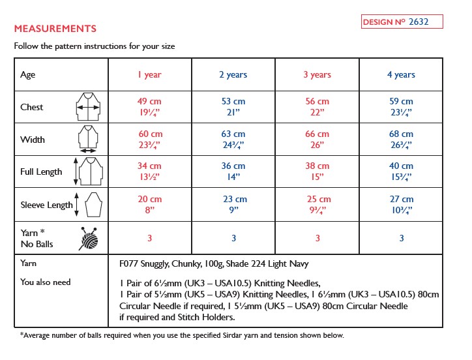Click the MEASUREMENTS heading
pyautogui.click(x=55, y=29)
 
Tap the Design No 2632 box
pyautogui.click(x=402, y=22)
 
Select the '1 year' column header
pyautogui.click(x=149, y=74)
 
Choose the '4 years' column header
pyautogui.click(x=401, y=74)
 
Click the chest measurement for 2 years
pyautogui.click(x=233, y=106)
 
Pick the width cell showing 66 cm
pyautogui.click(x=317, y=139)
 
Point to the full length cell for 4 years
pyautogui.click(x=401, y=172)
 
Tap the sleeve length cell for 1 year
pyautogui.click(x=149, y=204)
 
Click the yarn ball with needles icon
pyautogui.click(x=89, y=237)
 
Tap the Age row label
pyautogui.click(x=28, y=74)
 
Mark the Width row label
pyautogui.click(x=32, y=139)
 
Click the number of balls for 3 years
pyautogui.click(x=317, y=238)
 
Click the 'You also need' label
pyautogui.click(x=46, y=282)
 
